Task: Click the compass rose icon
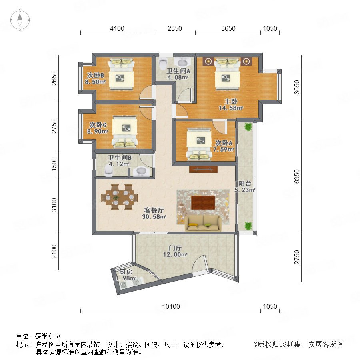point(20,20)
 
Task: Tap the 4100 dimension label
point(117,28)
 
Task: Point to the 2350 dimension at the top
point(174,28)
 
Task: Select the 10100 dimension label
point(171,306)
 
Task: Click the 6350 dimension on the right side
point(297,176)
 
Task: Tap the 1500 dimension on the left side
point(54,164)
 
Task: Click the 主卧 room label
point(231,101)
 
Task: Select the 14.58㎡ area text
point(231,108)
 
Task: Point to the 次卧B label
point(95,75)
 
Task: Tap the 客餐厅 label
point(154,210)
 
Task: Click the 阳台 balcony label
point(244,184)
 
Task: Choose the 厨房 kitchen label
point(126,272)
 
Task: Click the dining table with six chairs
point(120,197)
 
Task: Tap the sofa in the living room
point(203,223)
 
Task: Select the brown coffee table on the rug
point(203,202)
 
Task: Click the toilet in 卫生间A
point(163,64)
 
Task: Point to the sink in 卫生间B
point(140,171)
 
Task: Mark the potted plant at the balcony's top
point(248,126)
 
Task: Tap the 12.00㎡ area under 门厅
point(175,254)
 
